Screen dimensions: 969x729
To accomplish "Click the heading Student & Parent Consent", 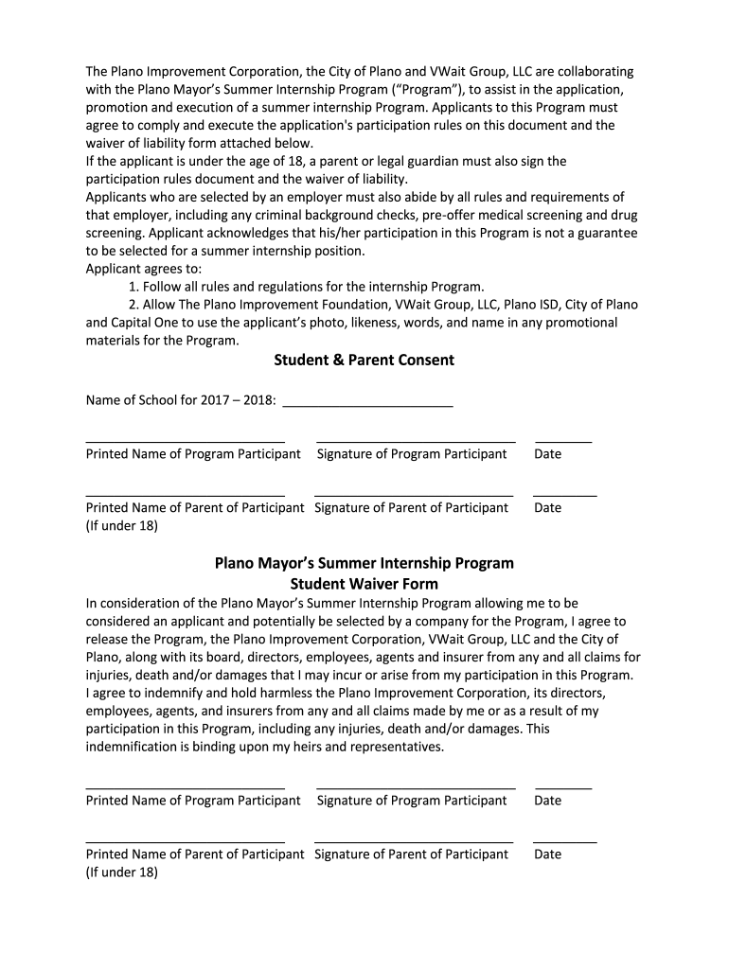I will pos(364,360).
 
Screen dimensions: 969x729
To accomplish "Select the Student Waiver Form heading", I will pos(364,584).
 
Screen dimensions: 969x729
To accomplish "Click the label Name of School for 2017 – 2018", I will pos(181,400).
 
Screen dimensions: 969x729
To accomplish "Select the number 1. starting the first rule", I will pos(134,287).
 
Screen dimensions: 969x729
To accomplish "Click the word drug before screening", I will pos(624,215).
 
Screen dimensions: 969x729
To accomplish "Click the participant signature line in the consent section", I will pos(416,441).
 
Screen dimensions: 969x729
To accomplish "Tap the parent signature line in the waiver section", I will pos(413,841).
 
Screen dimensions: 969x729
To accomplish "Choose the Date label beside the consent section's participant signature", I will pos(547,454).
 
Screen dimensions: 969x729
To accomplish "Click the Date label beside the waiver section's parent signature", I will pos(547,854).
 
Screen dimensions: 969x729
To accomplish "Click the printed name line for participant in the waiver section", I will pos(186,787).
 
